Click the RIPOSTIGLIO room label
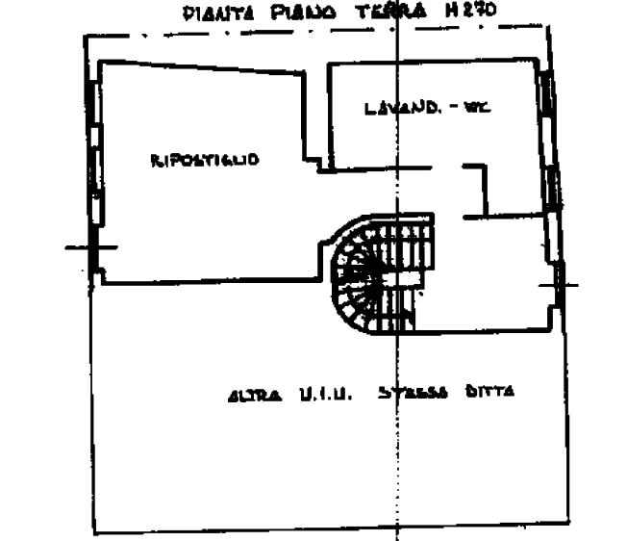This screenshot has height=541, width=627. [204, 160]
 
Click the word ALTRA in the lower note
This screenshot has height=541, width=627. [252, 394]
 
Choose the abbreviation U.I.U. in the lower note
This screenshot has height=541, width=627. [323, 394]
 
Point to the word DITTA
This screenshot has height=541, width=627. [490, 394]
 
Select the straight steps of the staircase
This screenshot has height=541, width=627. [409, 260]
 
